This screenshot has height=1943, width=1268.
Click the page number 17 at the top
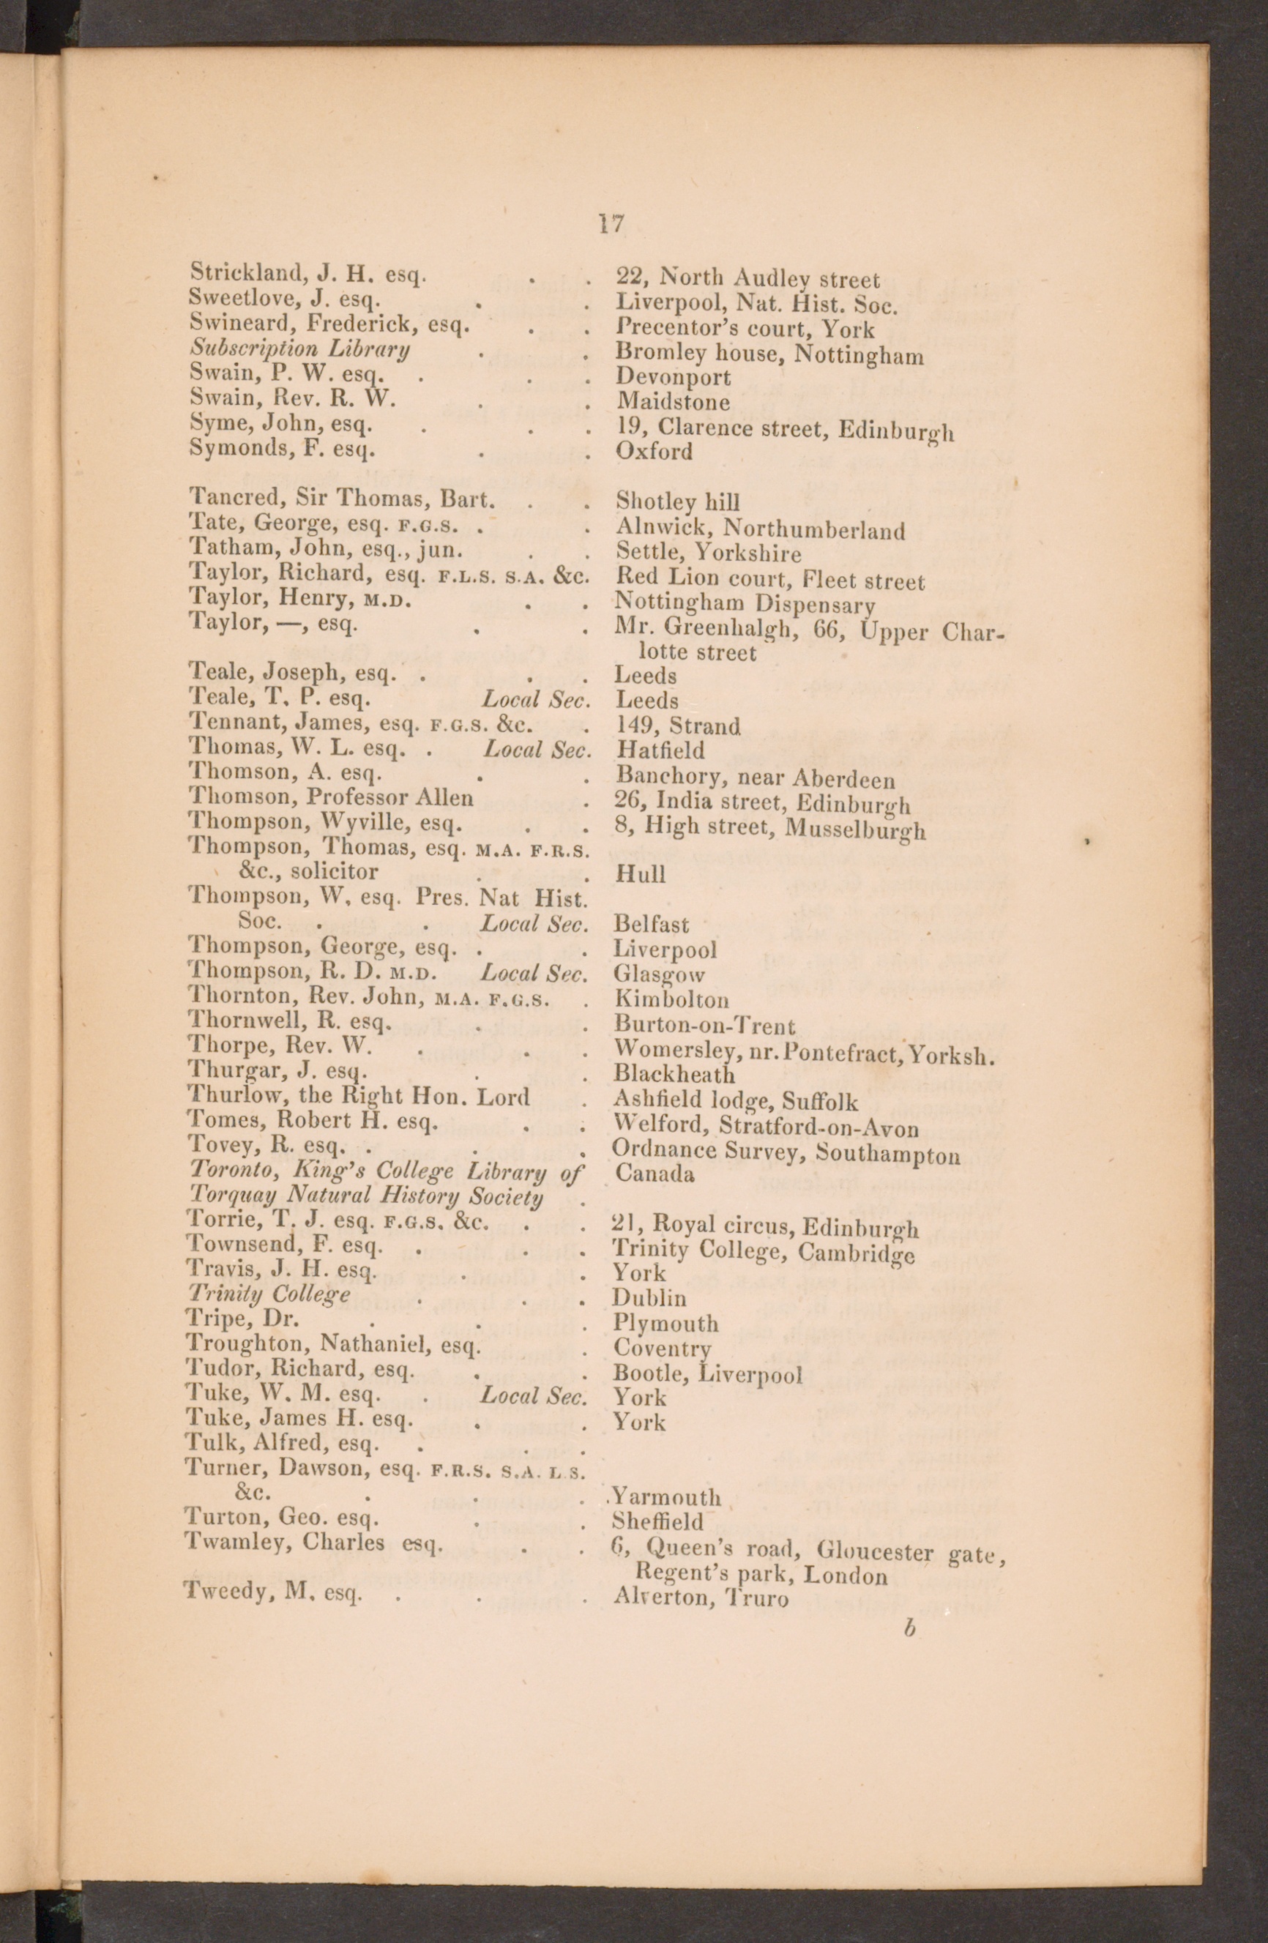[611, 224]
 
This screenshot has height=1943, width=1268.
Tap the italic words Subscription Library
[299, 349]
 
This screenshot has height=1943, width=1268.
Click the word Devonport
[674, 377]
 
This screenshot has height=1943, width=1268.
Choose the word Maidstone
[674, 402]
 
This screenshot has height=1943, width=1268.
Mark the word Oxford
[654, 451]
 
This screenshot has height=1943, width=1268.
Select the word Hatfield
[660, 750]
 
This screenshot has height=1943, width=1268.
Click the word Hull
[640, 874]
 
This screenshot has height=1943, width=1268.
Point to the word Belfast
[652, 924]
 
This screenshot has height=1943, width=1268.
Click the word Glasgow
[658, 974]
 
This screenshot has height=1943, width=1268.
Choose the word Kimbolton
[671, 999]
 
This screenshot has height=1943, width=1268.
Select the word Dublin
[650, 1298]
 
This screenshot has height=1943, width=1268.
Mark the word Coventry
[662, 1349]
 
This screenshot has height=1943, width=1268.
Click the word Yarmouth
[666, 1497]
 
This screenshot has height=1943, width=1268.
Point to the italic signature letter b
[909, 1628]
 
